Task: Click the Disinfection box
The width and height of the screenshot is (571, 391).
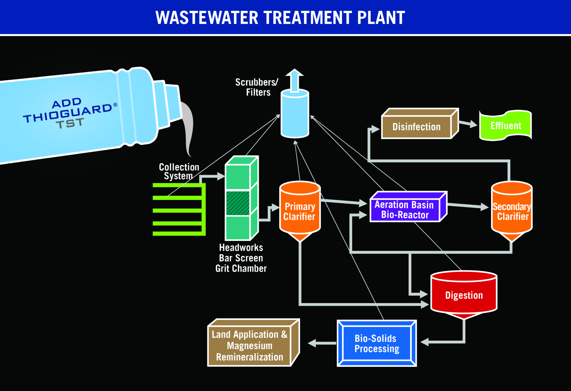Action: (x=417, y=127)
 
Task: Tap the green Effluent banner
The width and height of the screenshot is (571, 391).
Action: (x=505, y=126)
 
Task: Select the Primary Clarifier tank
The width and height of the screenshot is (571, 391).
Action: (x=300, y=211)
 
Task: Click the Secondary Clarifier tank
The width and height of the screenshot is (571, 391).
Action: (x=512, y=211)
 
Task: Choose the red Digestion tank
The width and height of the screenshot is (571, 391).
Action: (x=464, y=295)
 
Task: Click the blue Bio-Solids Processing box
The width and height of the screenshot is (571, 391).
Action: (x=377, y=343)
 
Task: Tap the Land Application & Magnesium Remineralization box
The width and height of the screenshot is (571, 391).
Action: (x=250, y=346)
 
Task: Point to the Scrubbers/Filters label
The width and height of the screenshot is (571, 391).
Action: (x=257, y=87)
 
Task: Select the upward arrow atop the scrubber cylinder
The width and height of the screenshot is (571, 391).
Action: (x=294, y=79)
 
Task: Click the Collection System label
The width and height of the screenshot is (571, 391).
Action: (x=179, y=171)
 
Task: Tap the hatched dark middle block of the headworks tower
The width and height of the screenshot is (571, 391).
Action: (x=238, y=203)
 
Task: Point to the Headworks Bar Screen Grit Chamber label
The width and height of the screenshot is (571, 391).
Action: (x=241, y=258)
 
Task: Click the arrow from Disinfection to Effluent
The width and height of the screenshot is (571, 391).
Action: (x=468, y=124)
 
